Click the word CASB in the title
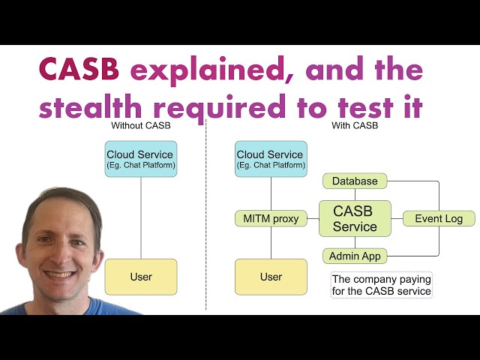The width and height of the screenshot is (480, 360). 79,69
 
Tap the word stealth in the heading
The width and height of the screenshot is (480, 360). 90,106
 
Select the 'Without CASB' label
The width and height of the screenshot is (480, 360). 141,125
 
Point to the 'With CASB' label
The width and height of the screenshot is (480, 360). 355,125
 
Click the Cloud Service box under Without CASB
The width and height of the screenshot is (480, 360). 141,159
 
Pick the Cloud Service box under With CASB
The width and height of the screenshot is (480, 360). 271,159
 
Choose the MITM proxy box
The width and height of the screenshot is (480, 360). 271,218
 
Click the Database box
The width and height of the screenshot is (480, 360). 355,181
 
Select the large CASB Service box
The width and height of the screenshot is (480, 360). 355,218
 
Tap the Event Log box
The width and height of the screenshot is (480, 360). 439,218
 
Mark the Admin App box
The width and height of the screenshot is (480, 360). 355,256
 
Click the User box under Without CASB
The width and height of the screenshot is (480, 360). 141,277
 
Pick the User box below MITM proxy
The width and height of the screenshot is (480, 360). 271,277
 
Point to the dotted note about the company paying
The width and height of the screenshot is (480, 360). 382,285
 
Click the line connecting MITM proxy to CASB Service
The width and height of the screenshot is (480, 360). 313,218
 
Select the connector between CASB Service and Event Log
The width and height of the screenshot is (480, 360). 397,218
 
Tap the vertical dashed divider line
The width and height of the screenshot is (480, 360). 206,214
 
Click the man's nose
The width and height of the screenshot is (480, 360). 62,255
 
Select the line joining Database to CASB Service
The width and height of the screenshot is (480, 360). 355,195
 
